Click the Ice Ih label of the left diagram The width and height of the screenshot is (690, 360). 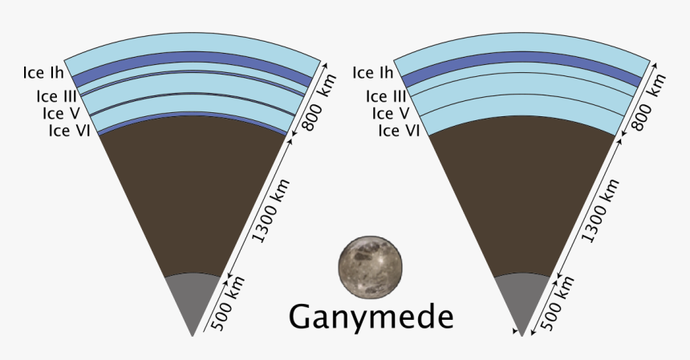point(43,72)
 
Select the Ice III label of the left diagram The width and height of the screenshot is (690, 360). point(57,96)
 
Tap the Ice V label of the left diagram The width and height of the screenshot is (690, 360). point(61,113)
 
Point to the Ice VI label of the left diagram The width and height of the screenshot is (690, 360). point(70,131)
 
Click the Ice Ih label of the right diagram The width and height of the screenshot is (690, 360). point(373,72)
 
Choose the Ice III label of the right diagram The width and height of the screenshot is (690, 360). point(386,96)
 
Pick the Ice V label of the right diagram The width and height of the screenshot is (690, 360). point(391,113)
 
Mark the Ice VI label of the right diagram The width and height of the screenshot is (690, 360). point(399,131)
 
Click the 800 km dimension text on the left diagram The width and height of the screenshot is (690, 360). point(319,103)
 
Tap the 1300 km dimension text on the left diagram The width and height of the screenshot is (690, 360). point(270,211)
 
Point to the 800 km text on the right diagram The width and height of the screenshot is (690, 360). point(648,103)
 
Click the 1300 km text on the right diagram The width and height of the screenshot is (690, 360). point(600,211)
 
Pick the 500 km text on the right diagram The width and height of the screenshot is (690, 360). point(557,303)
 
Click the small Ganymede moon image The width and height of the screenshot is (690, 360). point(370,267)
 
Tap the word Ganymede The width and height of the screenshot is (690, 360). point(371,317)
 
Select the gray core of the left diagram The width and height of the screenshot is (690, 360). point(193,299)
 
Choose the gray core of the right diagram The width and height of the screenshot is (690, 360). point(522,299)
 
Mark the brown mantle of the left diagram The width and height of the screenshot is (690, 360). point(193,193)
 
